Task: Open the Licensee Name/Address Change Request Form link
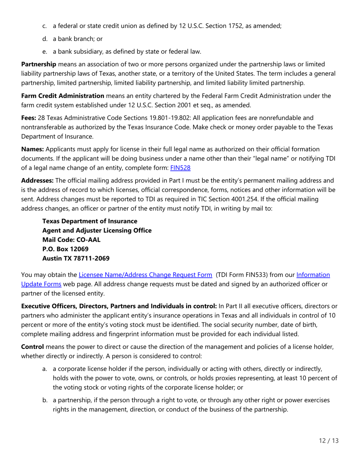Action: pyautogui.click(x=145, y=275)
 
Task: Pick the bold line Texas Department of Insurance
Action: pyautogui.click(x=89, y=221)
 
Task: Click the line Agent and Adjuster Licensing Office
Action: pyautogui.click(x=97, y=230)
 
